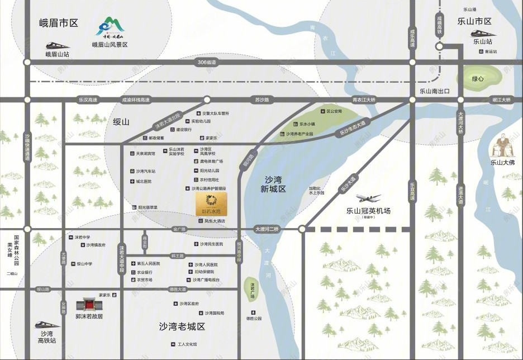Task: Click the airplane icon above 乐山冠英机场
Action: pyautogui.click(x=368, y=198)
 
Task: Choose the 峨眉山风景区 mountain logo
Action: pyautogui.click(x=110, y=27)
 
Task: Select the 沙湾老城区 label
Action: pyautogui.click(x=182, y=326)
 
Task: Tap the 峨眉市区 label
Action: pyautogui.click(x=58, y=23)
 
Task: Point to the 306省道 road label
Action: pyautogui.click(x=207, y=62)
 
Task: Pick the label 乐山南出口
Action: pyautogui.click(x=435, y=91)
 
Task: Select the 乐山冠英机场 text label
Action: pyautogui.click(x=368, y=211)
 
